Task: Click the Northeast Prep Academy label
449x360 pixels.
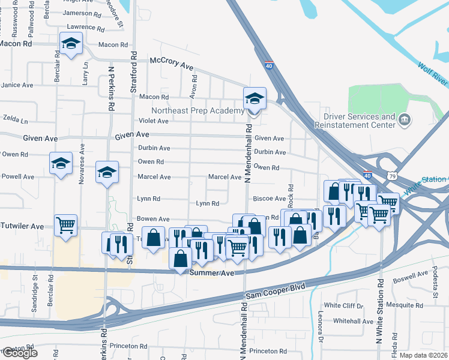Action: [x=197, y=110]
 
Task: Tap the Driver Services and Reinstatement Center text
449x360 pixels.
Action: [x=359, y=121]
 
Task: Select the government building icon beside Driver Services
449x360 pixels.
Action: [x=405, y=121]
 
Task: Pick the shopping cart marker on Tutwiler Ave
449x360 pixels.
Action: [x=65, y=226]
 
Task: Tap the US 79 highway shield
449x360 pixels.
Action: [x=392, y=176]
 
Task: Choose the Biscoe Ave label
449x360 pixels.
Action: [x=271, y=199]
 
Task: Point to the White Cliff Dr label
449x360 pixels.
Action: [x=344, y=306]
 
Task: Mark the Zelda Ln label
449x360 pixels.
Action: [x=16, y=120]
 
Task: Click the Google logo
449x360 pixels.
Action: [x=19, y=352]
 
